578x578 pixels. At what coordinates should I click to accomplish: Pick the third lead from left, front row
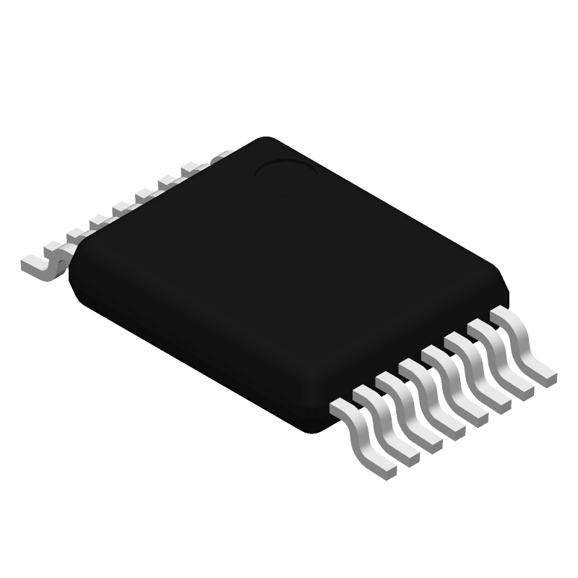[x=410, y=411]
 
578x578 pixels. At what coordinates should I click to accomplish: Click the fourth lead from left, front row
[x=433, y=397]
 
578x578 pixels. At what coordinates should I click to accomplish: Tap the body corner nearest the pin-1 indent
[x=260, y=140]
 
